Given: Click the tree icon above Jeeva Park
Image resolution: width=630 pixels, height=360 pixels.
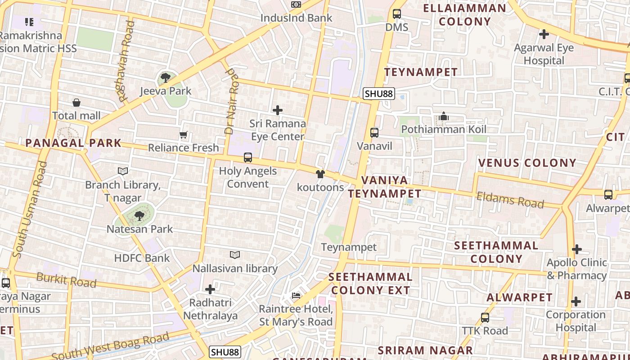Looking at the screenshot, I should tap(165, 77).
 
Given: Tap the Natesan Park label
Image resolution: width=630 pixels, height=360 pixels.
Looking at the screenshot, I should tap(139, 229).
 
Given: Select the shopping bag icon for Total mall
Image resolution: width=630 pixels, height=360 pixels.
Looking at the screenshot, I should tap(76, 103).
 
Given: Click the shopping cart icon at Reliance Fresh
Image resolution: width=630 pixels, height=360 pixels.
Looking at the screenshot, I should tap(183, 135).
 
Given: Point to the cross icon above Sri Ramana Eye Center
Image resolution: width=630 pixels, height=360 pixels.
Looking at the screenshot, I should tap(278, 110).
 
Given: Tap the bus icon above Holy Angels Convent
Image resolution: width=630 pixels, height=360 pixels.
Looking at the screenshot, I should tap(247, 157).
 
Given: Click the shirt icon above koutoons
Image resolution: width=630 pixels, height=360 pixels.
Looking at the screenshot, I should tap(320, 174).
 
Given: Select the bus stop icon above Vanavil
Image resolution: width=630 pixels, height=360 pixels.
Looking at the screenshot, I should tap(374, 133).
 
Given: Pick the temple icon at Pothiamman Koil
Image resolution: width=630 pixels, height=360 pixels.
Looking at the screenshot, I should tap(443, 117).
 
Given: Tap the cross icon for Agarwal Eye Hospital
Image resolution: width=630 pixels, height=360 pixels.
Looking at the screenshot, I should tap(544, 34).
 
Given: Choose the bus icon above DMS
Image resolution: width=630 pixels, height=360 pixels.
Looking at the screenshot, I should tap(396, 14).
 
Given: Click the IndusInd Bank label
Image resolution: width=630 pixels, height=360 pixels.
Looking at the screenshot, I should tap(297, 18).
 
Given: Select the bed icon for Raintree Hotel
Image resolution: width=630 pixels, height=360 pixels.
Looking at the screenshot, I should tap(296, 296).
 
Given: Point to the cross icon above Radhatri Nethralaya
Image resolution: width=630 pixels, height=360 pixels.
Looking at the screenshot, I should tap(210, 289).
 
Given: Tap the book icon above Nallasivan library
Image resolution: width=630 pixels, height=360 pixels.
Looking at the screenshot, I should tap(234, 255).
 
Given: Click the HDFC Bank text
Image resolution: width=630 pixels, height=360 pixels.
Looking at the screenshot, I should tap(142, 258).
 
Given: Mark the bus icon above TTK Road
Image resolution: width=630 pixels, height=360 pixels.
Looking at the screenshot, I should tap(485, 317).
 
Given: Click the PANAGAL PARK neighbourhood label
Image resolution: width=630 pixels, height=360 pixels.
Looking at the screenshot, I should tap(73, 144).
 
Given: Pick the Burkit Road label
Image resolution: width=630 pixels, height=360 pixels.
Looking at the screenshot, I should tap(66, 279).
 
